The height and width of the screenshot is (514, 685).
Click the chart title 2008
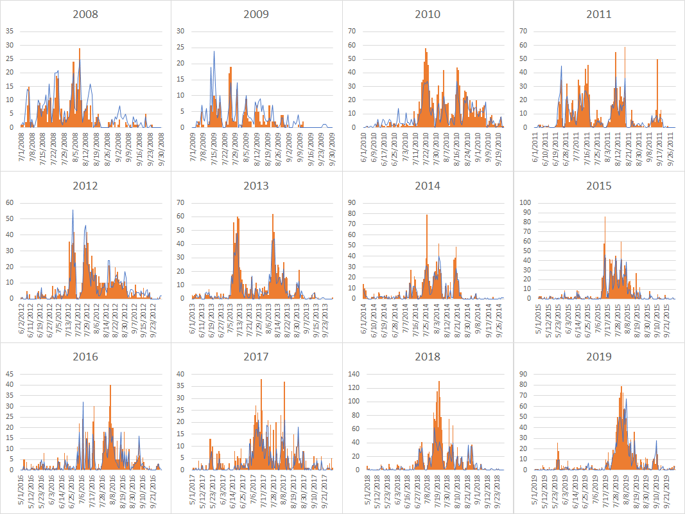tap(85, 14)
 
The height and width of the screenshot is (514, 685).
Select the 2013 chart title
tap(256, 186)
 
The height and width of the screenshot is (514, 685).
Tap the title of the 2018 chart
tap(427, 357)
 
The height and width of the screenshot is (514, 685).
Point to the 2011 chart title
tap(598, 14)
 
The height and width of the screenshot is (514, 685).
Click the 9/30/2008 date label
tap(162, 147)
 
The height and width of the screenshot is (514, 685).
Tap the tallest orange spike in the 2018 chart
tap(439, 382)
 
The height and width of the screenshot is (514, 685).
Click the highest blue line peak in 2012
tap(73, 211)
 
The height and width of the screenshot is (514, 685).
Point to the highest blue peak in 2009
tap(214, 52)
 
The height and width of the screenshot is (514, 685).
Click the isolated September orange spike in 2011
tap(657, 60)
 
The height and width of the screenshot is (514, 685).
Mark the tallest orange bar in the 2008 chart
tap(80, 49)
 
